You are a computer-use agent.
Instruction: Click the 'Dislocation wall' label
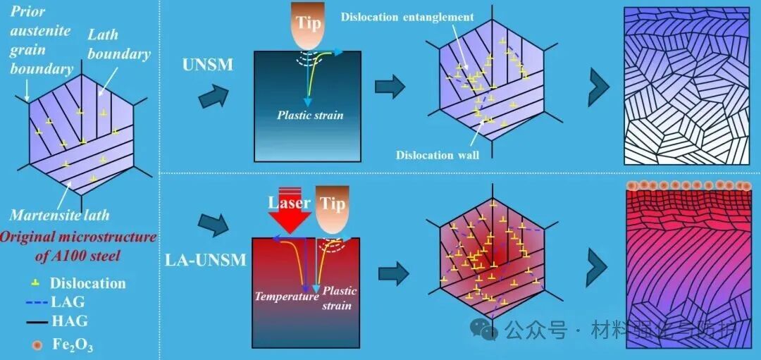point(438,155)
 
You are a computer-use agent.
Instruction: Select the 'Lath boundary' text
point(119,44)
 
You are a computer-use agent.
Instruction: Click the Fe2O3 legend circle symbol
point(27,345)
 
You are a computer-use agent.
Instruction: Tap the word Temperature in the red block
point(287,297)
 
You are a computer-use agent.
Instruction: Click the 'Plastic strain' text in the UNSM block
point(310,115)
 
